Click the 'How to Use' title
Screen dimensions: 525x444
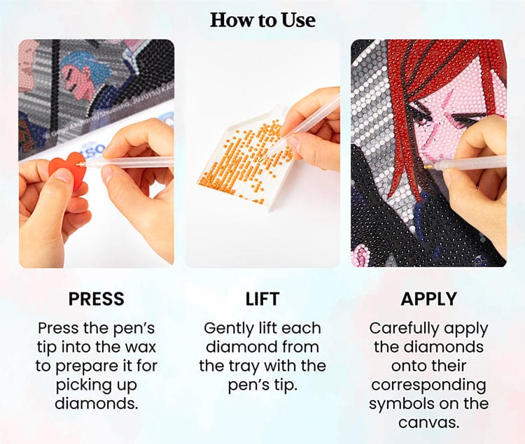pos(262,20)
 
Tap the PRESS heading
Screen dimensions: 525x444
pos(97,299)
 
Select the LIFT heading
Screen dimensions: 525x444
pos(262,299)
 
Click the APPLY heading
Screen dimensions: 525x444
pos(428,299)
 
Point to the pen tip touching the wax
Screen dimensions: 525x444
pos(79,164)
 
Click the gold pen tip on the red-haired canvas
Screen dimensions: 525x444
pos(428,166)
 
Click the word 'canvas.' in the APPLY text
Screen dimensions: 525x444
pos(428,422)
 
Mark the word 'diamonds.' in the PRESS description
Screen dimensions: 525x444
pos(97,403)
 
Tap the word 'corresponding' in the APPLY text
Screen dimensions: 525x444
pos(428,385)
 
